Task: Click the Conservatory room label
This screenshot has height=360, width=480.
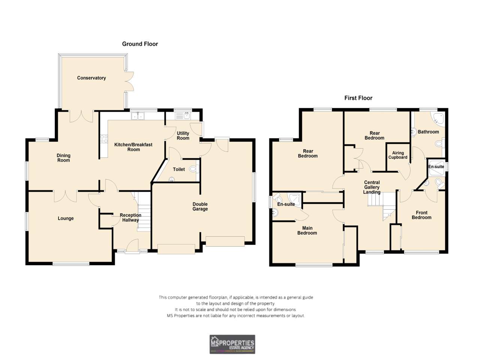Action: tap(91, 78)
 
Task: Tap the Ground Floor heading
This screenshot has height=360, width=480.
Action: tap(140, 44)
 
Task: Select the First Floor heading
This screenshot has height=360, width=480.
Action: tap(358, 98)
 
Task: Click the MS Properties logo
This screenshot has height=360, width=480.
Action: tap(232, 344)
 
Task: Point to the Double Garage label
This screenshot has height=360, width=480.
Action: tap(200, 207)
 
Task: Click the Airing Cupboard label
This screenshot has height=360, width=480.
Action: tap(398, 155)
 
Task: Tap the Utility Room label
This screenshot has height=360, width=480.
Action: tap(183, 136)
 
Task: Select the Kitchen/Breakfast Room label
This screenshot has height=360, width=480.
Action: tap(133, 147)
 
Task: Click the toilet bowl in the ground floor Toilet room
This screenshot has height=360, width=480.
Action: tap(193, 169)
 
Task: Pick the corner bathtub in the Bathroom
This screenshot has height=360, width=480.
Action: tap(437, 118)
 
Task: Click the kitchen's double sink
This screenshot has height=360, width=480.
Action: tap(138, 116)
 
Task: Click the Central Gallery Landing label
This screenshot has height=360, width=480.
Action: tap(372, 187)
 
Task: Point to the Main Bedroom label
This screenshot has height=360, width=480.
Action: tap(307, 230)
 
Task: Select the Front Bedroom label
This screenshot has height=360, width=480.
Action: tap(421, 215)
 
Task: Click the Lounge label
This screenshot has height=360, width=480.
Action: tap(66, 218)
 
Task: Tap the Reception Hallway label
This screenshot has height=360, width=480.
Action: tap(130, 217)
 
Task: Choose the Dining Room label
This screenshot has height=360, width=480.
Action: tap(63, 158)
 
